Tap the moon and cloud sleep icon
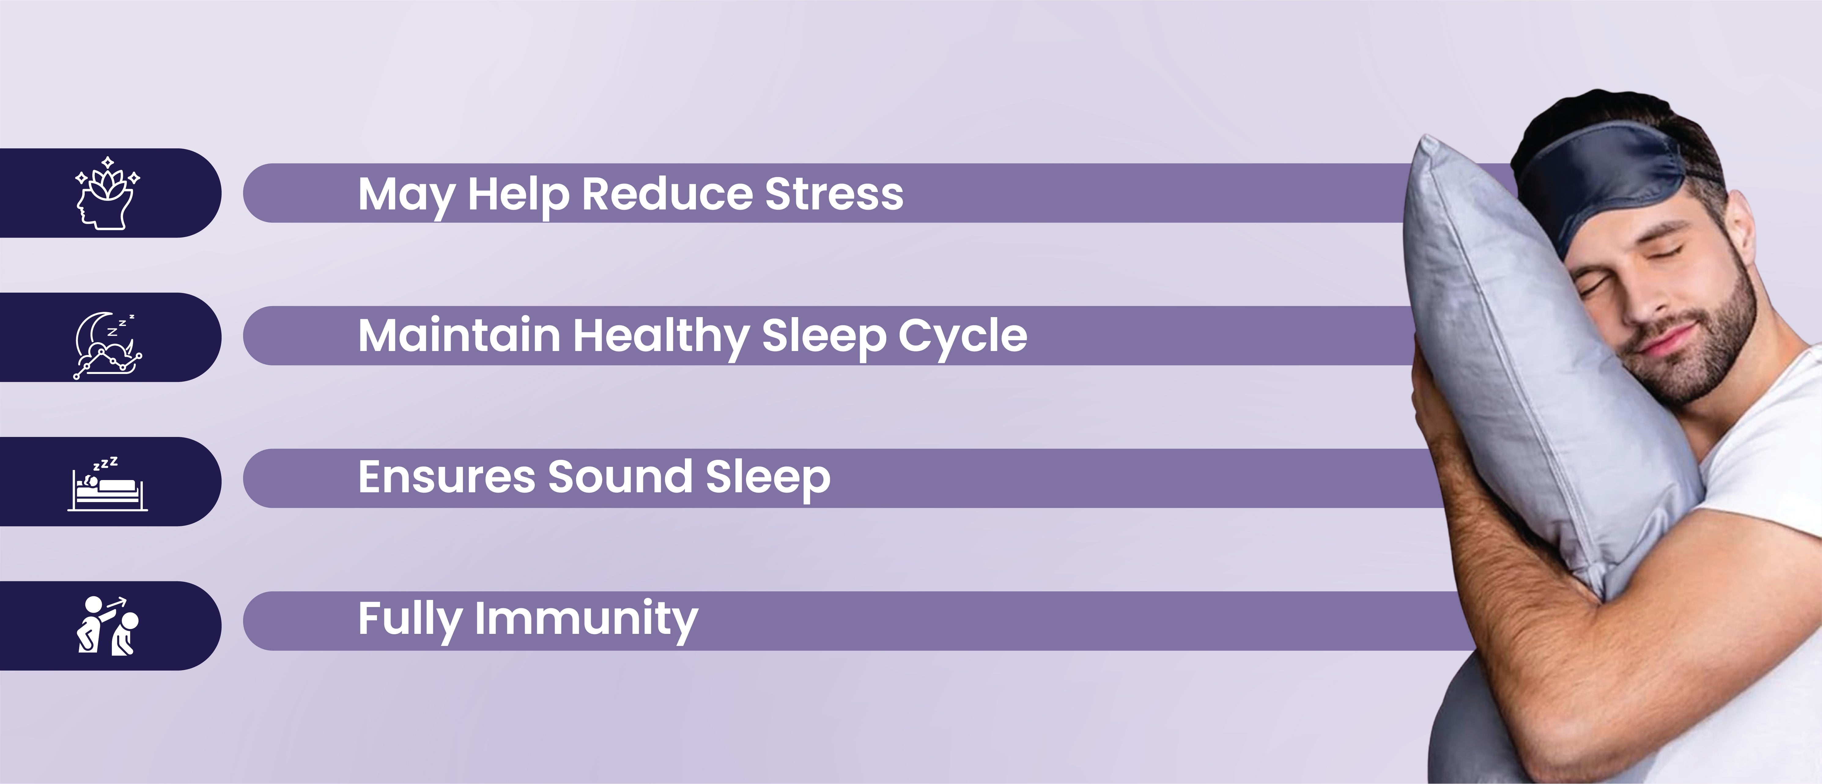[108, 345]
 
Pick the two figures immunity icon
[108, 626]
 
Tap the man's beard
[1712, 340]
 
